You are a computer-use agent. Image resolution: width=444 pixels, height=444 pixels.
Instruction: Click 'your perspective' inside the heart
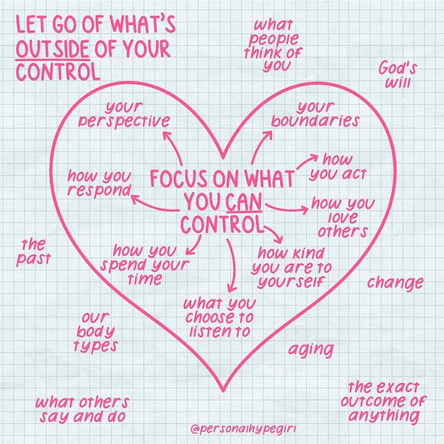(137, 114)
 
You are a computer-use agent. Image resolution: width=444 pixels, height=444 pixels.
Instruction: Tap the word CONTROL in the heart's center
(222, 225)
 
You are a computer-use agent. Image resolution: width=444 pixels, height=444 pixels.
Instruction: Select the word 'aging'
(311, 349)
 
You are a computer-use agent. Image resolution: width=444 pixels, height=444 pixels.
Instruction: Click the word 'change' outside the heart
(395, 282)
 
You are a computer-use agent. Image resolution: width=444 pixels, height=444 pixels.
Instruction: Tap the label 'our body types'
(96, 332)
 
